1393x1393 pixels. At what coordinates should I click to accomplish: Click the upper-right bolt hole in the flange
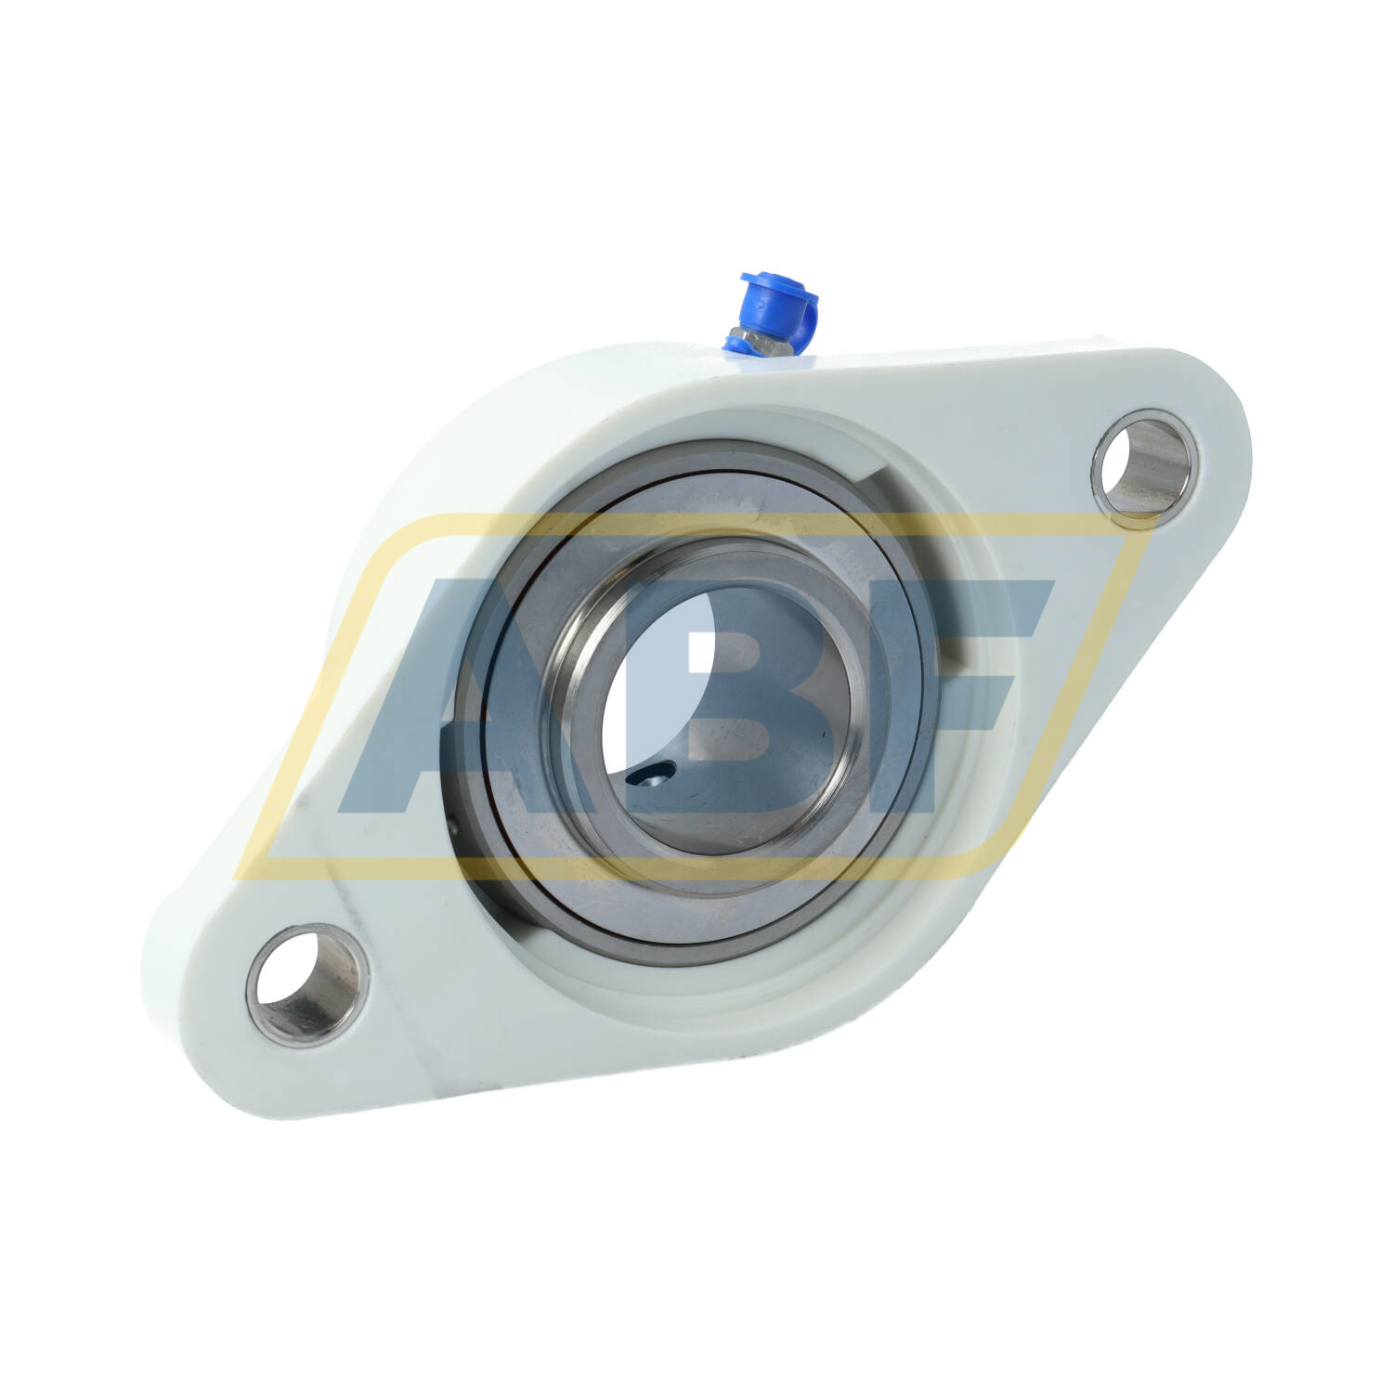coord(1145,467)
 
